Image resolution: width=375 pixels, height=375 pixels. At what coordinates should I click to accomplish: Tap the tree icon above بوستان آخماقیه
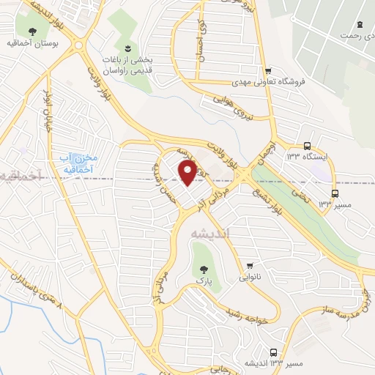[33, 31]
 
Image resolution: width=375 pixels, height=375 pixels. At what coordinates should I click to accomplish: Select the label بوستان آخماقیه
[33, 44]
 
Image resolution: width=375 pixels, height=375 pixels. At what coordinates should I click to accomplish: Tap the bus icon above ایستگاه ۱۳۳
[307, 145]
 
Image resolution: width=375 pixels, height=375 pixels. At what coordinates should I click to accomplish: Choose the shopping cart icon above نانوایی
[250, 265]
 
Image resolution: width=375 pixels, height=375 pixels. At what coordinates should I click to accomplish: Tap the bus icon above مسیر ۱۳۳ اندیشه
[274, 352]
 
